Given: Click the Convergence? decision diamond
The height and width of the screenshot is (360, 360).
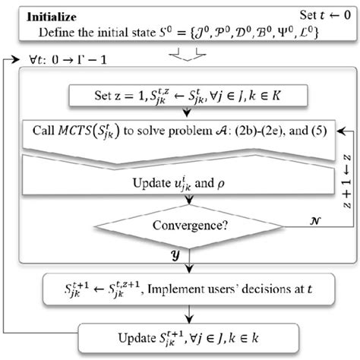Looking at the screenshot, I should (x=182, y=226).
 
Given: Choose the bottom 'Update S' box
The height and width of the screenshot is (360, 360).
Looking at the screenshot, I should (x=182, y=333).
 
